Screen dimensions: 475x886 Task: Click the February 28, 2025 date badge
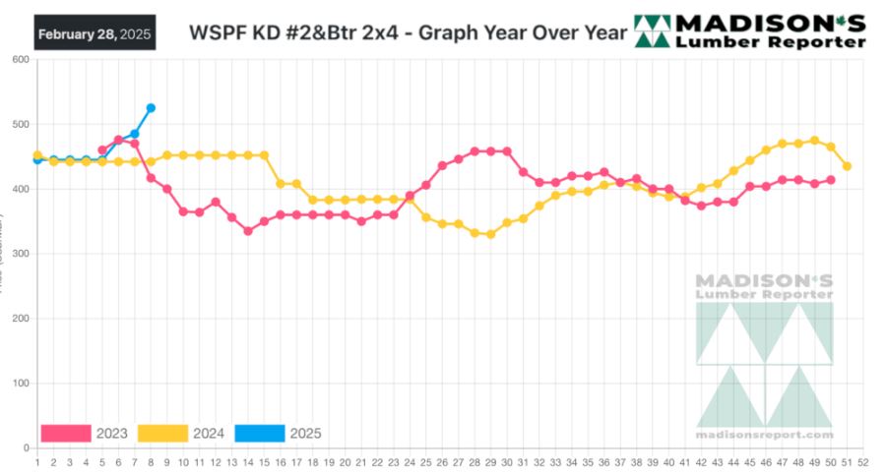(x=95, y=33)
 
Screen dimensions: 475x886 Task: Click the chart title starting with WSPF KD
(x=408, y=32)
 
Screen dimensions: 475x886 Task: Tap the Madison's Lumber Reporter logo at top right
(x=750, y=31)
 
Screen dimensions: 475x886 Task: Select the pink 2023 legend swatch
(x=66, y=433)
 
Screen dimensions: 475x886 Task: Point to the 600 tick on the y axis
(x=20, y=60)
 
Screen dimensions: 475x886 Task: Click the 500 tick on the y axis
(x=20, y=125)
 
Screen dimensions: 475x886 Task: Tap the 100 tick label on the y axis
(x=20, y=384)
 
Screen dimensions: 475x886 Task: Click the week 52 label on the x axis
(x=862, y=460)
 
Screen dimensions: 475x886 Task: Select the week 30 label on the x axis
(x=506, y=460)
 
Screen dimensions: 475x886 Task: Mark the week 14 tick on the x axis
(x=247, y=460)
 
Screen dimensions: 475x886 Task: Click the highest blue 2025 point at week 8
(x=151, y=108)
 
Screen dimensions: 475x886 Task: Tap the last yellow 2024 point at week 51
(x=847, y=166)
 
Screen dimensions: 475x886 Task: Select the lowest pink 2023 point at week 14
(x=248, y=231)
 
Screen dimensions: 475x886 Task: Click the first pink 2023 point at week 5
(x=102, y=150)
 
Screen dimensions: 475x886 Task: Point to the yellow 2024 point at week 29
(x=490, y=234)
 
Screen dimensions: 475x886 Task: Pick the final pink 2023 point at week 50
(x=831, y=180)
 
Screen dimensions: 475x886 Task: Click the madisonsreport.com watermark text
(x=764, y=435)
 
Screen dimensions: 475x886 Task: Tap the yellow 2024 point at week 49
(x=814, y=141)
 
